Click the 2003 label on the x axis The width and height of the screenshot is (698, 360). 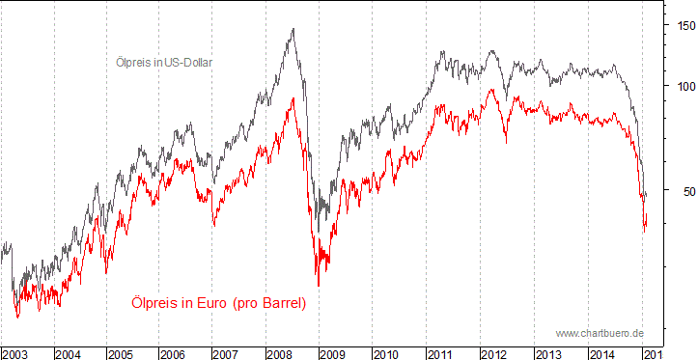coord(15,354)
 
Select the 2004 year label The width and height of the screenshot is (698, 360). coord(68,354)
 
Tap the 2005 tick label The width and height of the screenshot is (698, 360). coord(121,354)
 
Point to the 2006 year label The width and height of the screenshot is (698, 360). coord(173,354)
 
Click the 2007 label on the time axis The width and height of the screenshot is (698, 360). coord(226,354)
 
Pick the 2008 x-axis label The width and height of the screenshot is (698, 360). coord(279,354)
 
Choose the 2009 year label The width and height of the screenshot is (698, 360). coord(332,354)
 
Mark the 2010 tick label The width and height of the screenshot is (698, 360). coord(385,354)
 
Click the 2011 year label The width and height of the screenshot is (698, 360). coord(439,354)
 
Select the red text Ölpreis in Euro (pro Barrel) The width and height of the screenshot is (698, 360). coord(218,304)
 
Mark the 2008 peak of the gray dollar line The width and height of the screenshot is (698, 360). coord(293,29)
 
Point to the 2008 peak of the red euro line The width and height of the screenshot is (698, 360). coord(293,97)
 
